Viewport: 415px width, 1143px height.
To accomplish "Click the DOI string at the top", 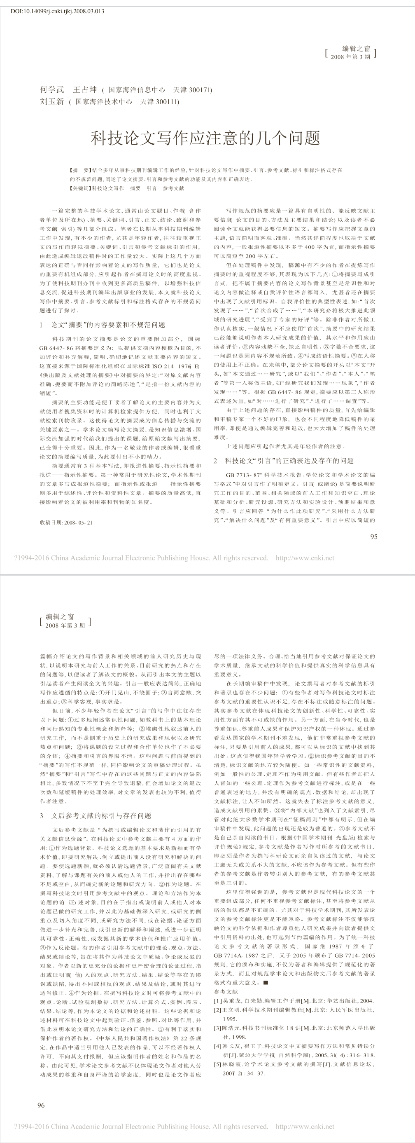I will [57, 11].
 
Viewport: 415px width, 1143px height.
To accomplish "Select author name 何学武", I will [52, 90].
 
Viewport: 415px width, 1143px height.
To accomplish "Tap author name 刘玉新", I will [52, 102].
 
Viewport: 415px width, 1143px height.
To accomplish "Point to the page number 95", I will [373, 537].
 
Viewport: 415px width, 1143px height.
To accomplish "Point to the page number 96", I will [41, 1105].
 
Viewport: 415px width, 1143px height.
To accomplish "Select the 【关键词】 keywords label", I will [81, 188].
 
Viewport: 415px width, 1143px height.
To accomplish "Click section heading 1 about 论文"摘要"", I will [103, 325].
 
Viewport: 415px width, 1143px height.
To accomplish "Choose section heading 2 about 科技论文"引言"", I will [284, 461].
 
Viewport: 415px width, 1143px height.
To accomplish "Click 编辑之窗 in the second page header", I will [59, 617].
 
